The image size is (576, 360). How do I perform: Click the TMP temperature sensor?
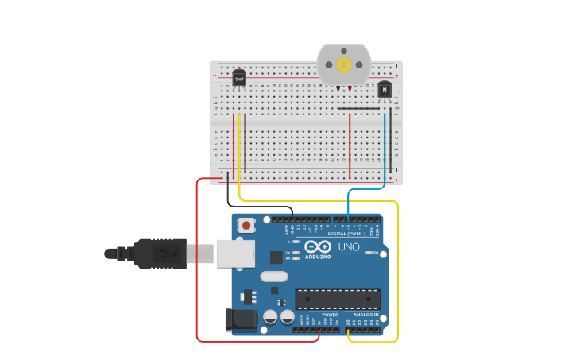[239, 78]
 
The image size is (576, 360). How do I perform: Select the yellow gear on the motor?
[344, 64]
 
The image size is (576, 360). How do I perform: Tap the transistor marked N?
[385, 91]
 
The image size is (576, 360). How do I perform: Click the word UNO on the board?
[349, 247]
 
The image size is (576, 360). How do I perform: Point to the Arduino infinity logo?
[317, 246]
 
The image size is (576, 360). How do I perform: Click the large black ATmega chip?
[338, 299]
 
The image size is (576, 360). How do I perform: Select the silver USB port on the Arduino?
[236, 254]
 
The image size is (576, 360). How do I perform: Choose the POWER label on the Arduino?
[331, 315]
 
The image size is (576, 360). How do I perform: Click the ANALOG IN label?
[365, 315]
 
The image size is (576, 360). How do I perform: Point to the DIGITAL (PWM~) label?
[347, 234]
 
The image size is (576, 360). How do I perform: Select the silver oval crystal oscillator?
[273, 277]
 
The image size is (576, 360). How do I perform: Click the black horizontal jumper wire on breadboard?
[358, 108]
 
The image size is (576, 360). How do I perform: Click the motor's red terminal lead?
[350, 89]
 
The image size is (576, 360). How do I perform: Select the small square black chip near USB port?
[276, 257]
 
